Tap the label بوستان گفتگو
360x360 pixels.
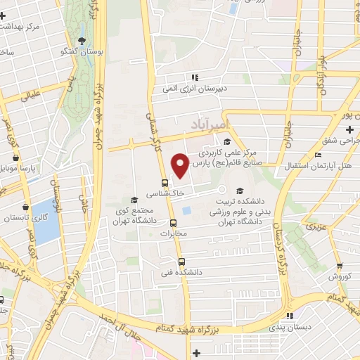coord(82,52)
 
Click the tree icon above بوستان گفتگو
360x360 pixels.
coord(82,39)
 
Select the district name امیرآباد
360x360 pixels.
coord(210,124)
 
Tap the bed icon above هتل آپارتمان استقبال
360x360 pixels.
coord(319,155)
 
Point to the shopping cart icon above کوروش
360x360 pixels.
coord(340,266)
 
